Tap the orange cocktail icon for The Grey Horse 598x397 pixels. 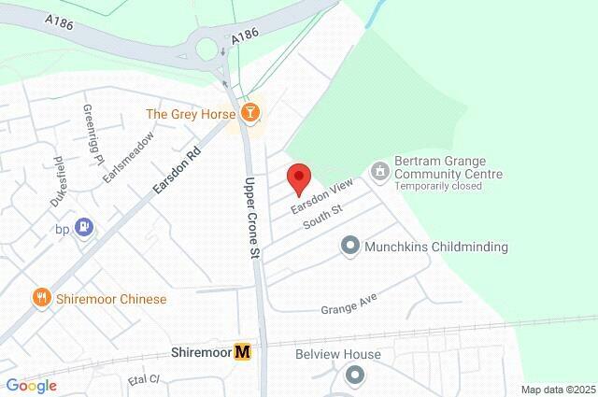pos(249,114)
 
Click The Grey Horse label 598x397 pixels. pos(191,115)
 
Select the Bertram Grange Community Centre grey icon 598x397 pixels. pos(379,171)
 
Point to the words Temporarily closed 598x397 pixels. pos(438,187)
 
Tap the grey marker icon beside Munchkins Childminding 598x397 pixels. pos(350,247)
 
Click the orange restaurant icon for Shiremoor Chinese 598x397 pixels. pos(41,299)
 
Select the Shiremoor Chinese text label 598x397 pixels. pos(110,300)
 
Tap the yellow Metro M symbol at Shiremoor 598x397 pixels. pos(243,352)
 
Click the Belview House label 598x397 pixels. pos(338,355)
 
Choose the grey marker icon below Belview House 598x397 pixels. pos(355,376)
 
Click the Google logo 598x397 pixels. pos(31,386)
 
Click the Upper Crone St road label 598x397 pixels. pos(249,218)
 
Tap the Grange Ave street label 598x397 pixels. pos(348,305)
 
